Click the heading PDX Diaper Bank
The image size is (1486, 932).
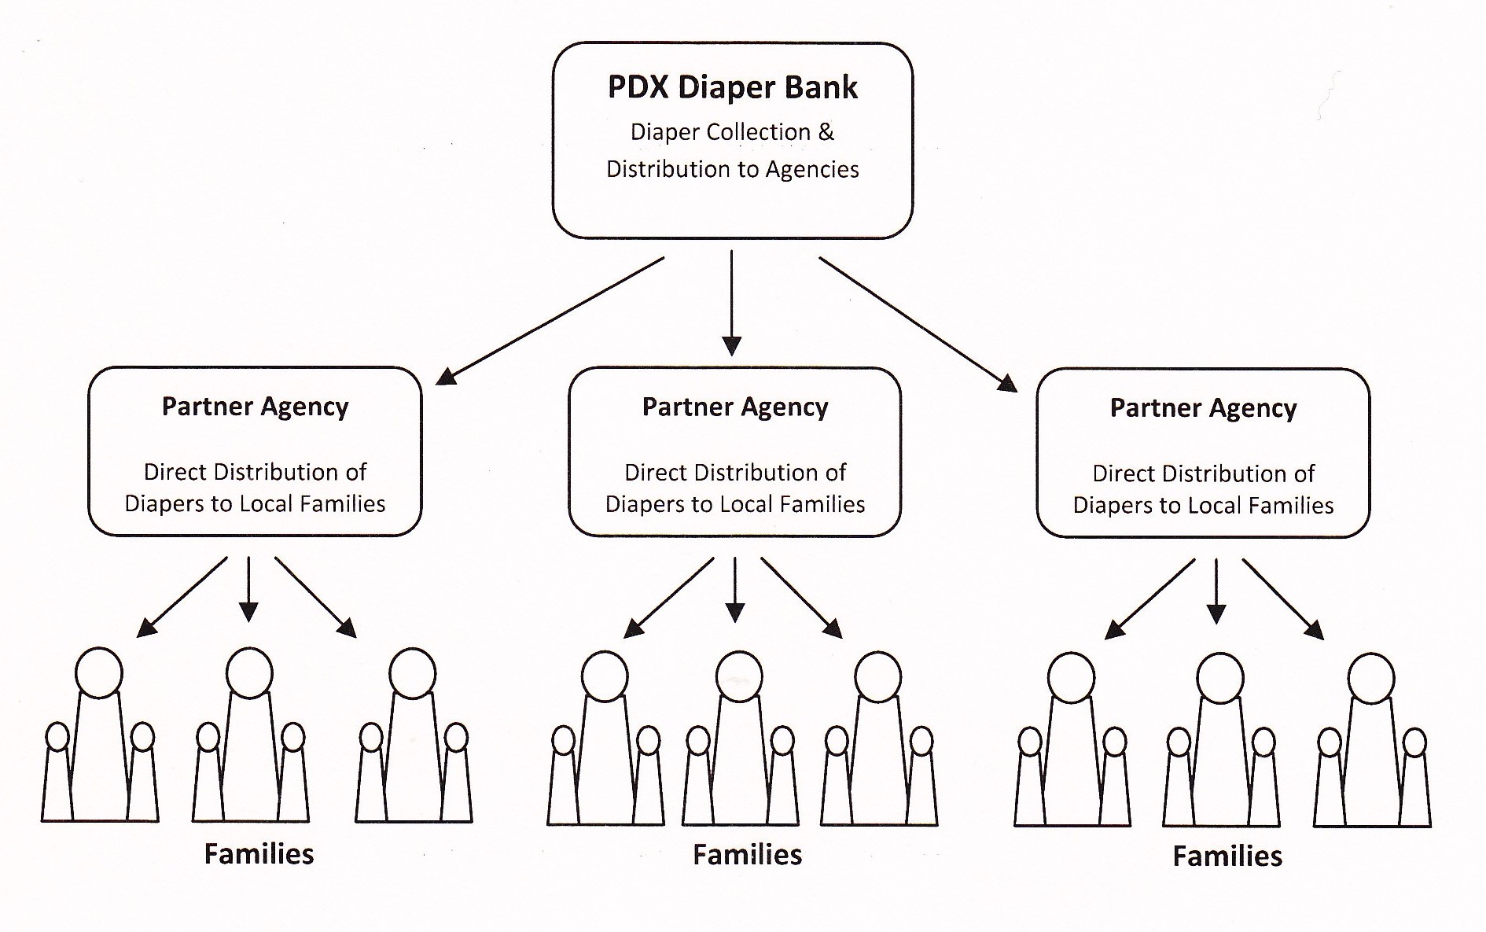[x=732, y=87]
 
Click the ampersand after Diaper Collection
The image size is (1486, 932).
[x=826, y=132]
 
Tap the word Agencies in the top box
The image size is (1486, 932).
[x=812, y=169]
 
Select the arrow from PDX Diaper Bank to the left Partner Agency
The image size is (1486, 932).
[x=550, y=321]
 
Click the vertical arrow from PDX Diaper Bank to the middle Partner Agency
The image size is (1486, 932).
[x=732, y=303]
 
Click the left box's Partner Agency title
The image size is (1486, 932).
[x=255, y=407]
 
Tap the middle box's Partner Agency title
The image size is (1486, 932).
[x=735, y=407]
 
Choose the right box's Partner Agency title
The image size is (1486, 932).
[x=1203, y=408]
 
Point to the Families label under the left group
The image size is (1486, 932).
[x=259, y=854]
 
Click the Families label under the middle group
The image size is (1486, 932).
[x=747, y=855]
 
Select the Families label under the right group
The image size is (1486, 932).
[x=1227, y=856]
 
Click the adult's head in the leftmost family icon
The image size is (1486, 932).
[x=99, y=672]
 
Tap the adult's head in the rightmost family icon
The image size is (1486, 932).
[x=1371, y=678]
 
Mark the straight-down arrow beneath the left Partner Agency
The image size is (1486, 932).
[x=248, y=589]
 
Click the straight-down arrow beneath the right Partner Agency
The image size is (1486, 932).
[x=1216, y=591]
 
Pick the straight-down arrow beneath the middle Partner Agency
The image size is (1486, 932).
[x=735, y=590]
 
